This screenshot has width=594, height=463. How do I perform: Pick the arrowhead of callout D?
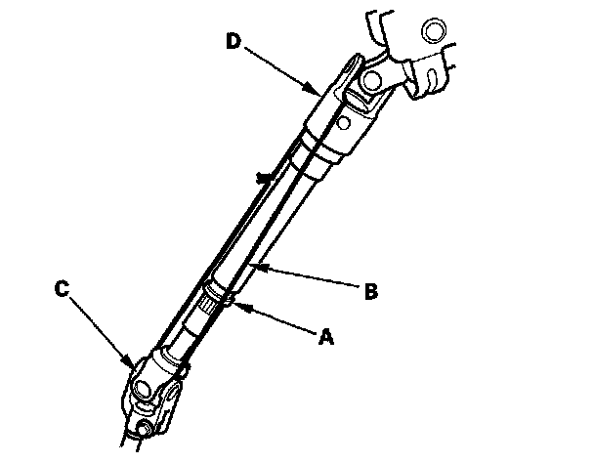318,92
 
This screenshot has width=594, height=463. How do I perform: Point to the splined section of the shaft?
209,304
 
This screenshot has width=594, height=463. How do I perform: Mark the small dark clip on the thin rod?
261,179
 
